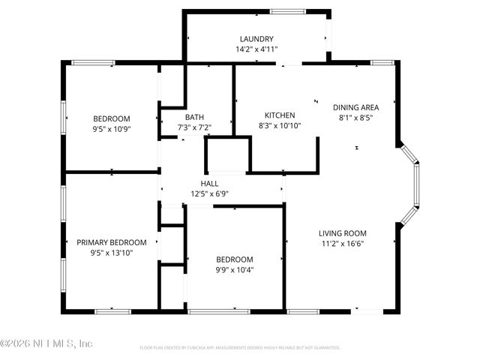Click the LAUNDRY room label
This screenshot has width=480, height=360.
coord(256,39)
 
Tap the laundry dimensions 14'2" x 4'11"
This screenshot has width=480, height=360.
coord(256,49)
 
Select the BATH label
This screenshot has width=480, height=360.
coord(194,117)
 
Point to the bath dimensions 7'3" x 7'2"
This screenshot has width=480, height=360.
coord(194,127)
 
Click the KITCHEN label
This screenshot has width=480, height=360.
coord(280,115)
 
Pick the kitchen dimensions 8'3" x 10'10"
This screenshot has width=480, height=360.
coord(280,125)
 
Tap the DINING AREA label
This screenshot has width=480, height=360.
coord(356,107)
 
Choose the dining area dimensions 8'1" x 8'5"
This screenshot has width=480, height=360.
coord(356,118)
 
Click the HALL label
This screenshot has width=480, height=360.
coord(209,184)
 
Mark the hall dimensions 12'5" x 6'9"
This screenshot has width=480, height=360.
coord(209,193)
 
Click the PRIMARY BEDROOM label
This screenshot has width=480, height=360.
coord(112,242)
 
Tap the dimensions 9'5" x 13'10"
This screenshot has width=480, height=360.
coord(112,253)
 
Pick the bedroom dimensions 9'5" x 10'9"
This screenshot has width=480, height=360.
coord(112,129)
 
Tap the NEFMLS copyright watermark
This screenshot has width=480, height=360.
coord(46,344)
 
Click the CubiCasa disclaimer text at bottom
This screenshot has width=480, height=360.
coord(240,348)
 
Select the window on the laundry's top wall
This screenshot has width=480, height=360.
coord(282,10)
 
